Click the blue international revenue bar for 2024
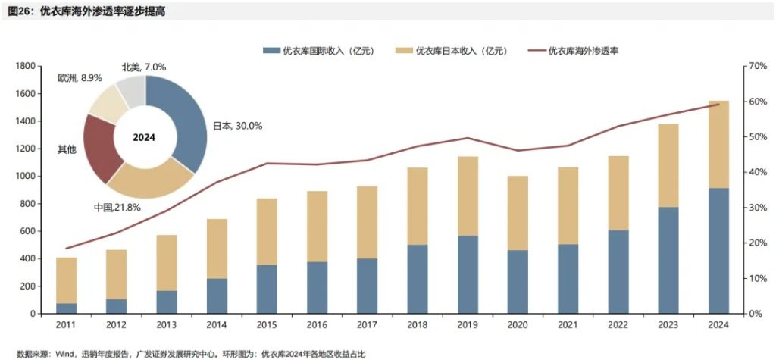coord(718,250)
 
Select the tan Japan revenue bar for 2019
coord(468,196)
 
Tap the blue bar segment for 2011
coord(67,308)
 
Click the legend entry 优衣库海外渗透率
coord(591,51)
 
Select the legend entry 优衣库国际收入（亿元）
coord(328,51)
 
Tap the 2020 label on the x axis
coord(518,325)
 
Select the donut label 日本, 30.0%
coord(236,126)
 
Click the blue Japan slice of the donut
coord(189,114)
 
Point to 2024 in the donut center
coord(144,137)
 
